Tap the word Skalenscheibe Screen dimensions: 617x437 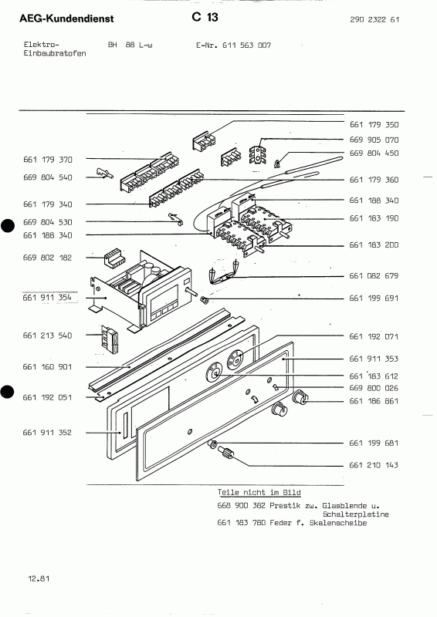340,523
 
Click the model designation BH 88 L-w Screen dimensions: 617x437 130,46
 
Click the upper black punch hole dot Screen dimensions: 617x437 8,226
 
